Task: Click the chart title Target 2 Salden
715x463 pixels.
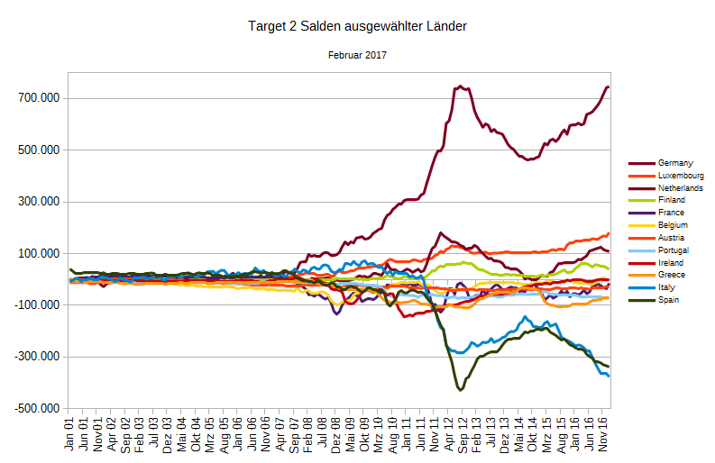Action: pos(357,27)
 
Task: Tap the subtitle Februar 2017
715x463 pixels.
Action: pos(357,56)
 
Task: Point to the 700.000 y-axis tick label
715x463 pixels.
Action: pos(41,98)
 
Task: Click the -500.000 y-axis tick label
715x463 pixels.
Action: pos(40,409)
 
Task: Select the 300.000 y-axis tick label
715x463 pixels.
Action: pos(41,202)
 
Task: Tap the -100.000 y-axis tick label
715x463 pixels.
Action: pos(40,305)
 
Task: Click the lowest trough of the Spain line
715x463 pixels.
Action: pos(461,389)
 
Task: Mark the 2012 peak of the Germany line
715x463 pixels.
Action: pos(461,86)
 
